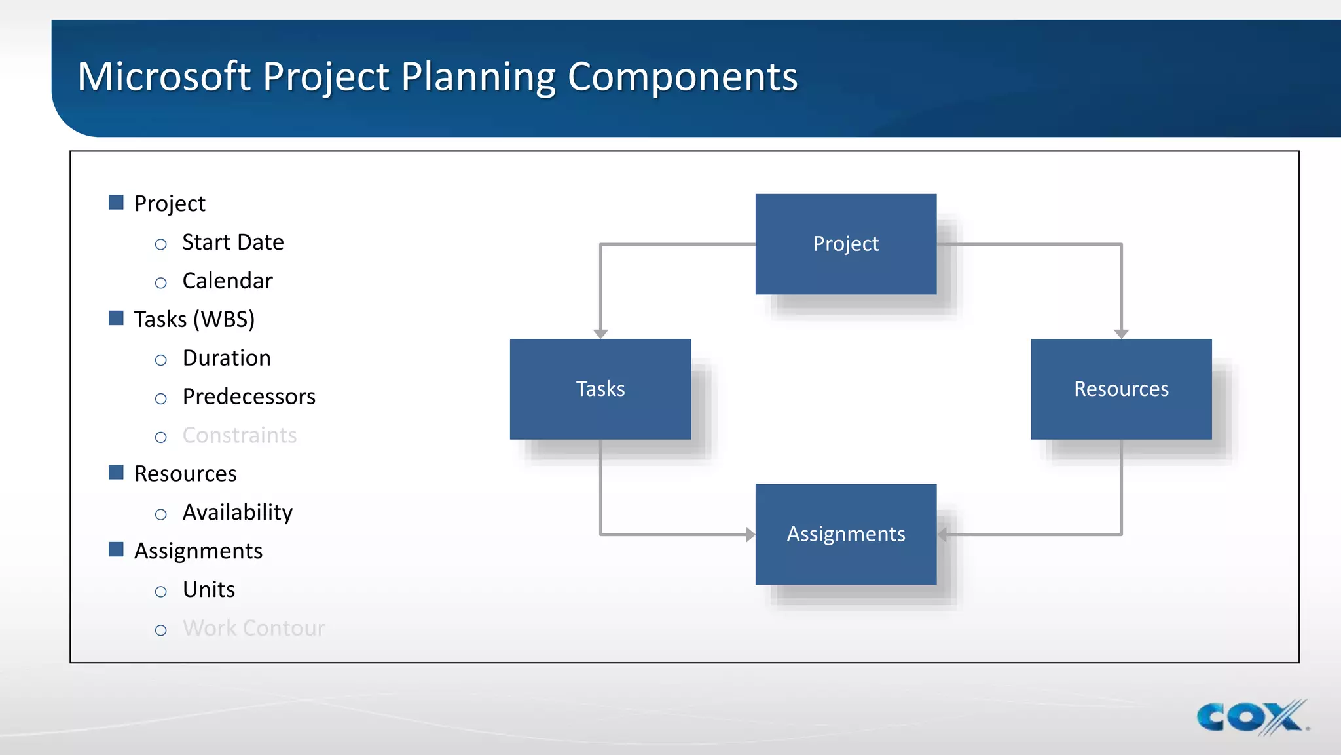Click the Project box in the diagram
pyautogui.click(x=845, y=244)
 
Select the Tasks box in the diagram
pyautogui.click(x=600, y=389)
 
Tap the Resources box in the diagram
pyautogui.click(x=1120, y=389)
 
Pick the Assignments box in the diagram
pyautogui.click(x=845, y=534)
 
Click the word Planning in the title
pyautogui.click(x=478, y=77)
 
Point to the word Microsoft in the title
pyautogui.click(x=164, y=77)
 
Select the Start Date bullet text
pyautogui.click(x=232, y=242)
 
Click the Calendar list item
pyautogui.click(x=227, y=281)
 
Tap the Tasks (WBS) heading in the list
pyautogui.click(x=194, y=319)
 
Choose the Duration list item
pyautogui.click(x=227, y=358)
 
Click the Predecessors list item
pyautogui.click(x=249, y=397)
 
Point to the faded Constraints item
pyautogui.click(x=240, y=435)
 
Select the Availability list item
pyautogui.click(x=237, y=513)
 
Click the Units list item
pyautogui.click(x=208, y=590)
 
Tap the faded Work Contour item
pyautogui.click(x=253, y=629)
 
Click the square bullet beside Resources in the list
pyautogui.click(x=116, y=472)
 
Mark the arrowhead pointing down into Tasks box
pyautogui.click(x=600, y=334)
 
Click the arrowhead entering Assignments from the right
pyautogui.click(x=943, y=534)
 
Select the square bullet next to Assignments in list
pyautogui.click(x=116, y=549)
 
